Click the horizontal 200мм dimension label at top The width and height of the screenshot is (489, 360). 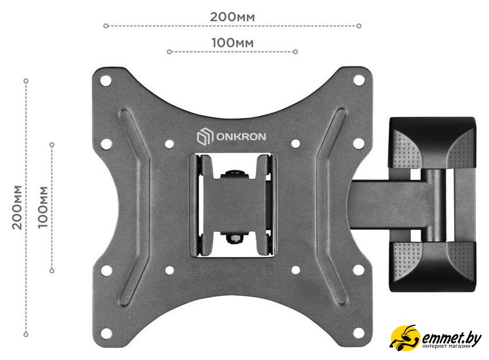click(x=232, y=17)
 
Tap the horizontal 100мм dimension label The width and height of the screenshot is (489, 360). click(x=233, y=43)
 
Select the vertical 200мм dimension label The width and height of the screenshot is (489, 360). click(x=17, y=207)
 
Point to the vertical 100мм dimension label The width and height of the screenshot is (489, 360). click(x=43, y=207)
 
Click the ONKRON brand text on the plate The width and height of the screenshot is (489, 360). click(x=241, y=137)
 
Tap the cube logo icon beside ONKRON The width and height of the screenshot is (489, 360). click(x=205, y=137)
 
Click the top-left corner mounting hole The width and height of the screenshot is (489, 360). click(x=105, y=80)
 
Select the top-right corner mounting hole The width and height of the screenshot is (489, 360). click(x=359, y=80)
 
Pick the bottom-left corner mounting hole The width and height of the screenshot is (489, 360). click(x=106, y=333)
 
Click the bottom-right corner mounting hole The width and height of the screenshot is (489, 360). click(x=359, y=333)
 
